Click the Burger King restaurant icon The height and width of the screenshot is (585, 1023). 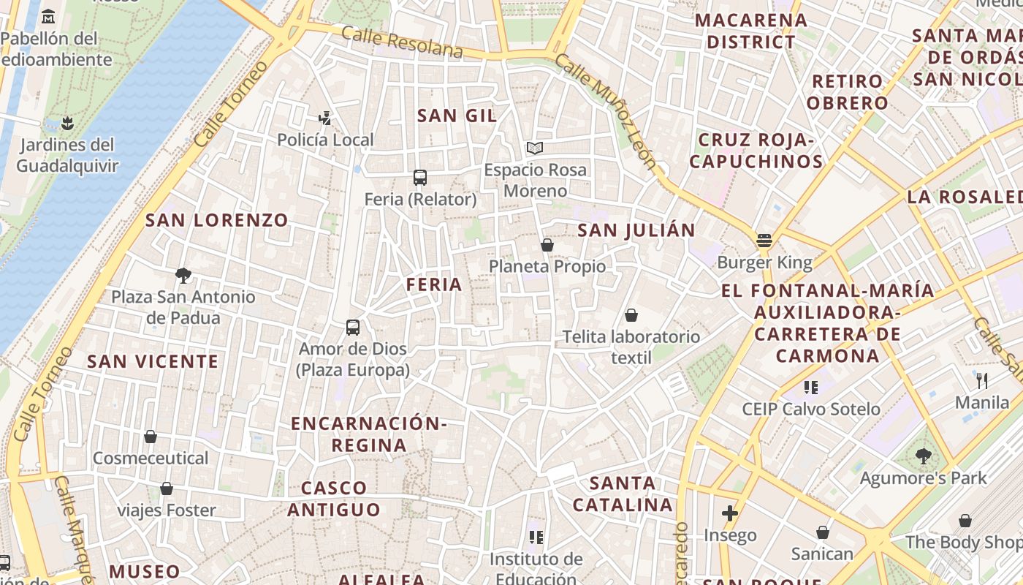point(764,240)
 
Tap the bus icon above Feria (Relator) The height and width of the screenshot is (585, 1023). point(419,178)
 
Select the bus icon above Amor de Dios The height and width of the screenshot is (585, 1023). point(353,328)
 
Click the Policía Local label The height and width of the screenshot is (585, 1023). point(325,140)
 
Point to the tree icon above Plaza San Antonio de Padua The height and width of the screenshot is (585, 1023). point(183,276)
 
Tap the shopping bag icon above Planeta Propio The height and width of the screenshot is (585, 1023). point(547,245)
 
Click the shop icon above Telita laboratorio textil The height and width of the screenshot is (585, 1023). point(631,315)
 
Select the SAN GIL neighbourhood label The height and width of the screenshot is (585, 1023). point(457,116)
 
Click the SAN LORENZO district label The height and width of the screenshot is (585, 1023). point(217,220)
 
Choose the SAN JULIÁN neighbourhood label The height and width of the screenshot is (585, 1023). point(636,231)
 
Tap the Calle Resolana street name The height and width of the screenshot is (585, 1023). point(402,42)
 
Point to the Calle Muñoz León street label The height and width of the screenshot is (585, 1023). point(606,110)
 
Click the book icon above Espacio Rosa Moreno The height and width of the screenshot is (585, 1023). point(535,148)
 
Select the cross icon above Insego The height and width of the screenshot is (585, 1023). point(729,513)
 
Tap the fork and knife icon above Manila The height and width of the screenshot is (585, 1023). point(982,380)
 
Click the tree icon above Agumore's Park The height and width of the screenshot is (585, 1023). point(924,456)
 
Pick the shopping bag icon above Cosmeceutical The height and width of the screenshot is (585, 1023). point(151,437)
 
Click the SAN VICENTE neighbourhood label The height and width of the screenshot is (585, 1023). point(153,361)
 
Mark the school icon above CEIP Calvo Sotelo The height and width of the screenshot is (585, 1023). point(810,387)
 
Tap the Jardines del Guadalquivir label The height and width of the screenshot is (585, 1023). point(67,155)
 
